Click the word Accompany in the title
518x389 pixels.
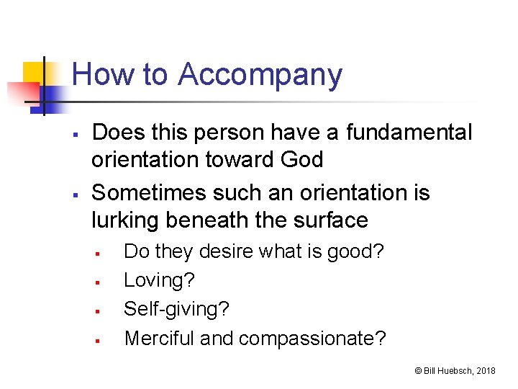(x=260, y=76)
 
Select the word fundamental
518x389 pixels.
(x=409, y=133)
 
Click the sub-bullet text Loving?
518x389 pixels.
(x=159, y=280)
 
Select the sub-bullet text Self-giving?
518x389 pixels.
(x=176, y=309)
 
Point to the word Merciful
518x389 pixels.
(x=159, y=338)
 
